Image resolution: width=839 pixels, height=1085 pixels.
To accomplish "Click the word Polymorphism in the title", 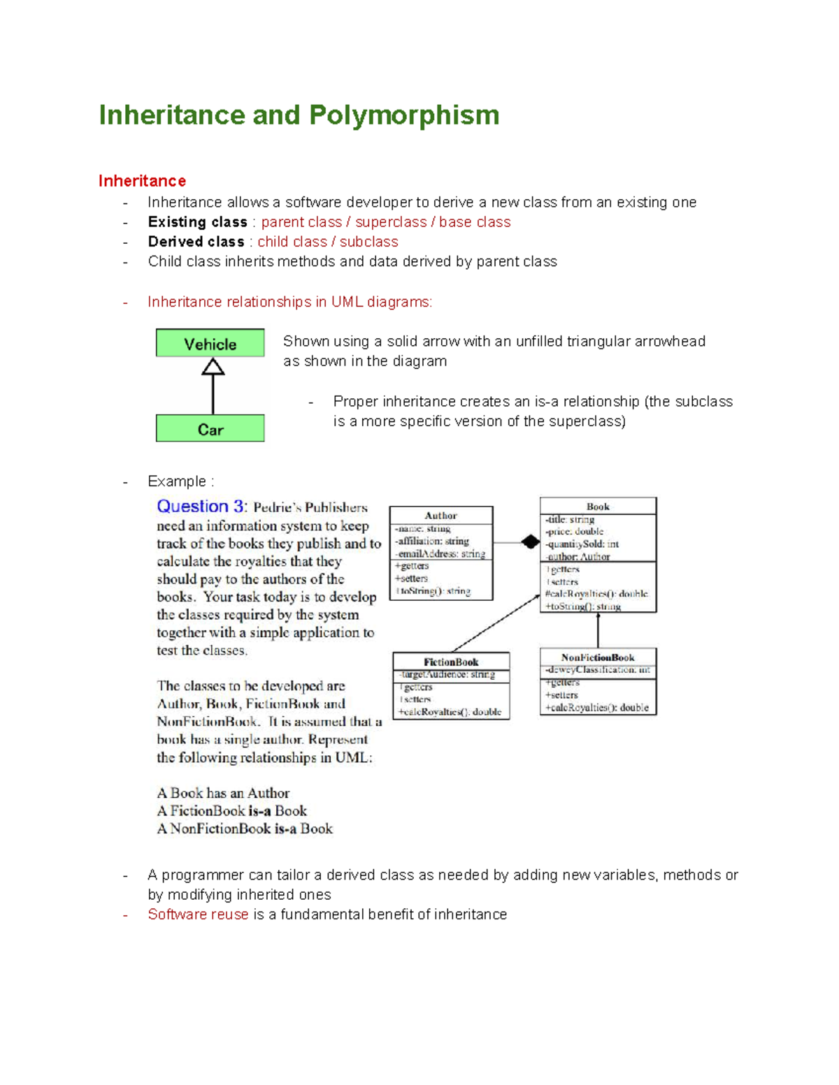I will pos(404,115).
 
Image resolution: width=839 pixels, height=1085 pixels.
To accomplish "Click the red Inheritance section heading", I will pos(142,181).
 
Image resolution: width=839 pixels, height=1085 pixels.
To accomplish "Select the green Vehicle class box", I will pos(210,344).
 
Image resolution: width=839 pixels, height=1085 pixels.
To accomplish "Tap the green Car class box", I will pos(210,429).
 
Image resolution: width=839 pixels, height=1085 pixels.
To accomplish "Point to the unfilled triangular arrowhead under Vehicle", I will pos(213,367).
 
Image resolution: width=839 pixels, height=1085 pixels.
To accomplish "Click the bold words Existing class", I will pos(197,222).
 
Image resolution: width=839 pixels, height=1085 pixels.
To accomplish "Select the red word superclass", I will pos(391,222).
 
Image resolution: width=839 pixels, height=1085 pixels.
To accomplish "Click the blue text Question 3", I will pos(201,507).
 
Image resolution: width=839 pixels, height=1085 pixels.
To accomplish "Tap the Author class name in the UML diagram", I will pos(440,516).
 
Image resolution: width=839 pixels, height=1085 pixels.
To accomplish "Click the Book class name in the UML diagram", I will pos(598,507).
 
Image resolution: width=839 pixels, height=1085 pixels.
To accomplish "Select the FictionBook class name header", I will pos(451,662).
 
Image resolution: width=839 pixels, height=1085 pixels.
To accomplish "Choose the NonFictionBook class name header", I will pos(598,657).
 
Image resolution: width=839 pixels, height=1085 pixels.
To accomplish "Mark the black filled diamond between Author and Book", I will pos(531,541).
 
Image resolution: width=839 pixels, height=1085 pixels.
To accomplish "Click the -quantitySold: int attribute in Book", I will pos(582,544).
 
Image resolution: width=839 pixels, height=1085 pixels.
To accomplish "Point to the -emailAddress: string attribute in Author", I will pos(440,554).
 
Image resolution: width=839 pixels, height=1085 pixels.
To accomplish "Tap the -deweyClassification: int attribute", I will pos(598,670).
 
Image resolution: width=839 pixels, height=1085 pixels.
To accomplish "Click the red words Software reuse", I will pos(198,915).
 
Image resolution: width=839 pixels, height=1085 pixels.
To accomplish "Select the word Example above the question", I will pos(177,481).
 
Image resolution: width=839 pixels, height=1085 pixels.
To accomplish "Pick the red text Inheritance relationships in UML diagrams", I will pos(289,302).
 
